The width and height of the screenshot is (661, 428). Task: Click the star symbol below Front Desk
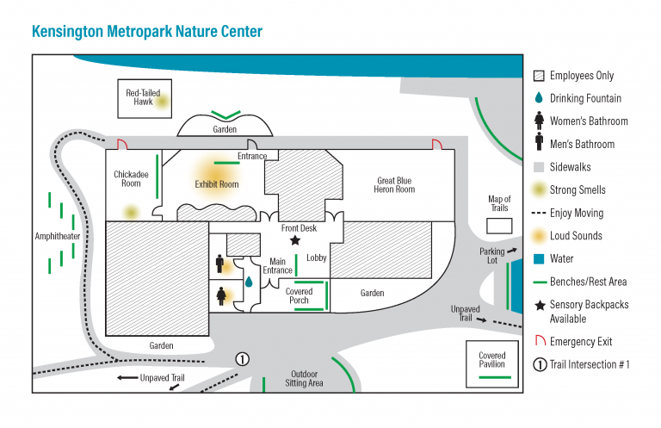[295, 240]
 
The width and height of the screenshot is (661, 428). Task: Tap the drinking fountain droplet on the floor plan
[249, 282]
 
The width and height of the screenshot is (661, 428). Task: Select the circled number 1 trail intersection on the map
[242, 359]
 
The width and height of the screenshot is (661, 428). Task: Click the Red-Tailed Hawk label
[144, 97]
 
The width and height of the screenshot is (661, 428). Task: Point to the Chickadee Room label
[131, 179]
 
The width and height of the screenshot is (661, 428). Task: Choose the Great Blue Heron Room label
[394, 185]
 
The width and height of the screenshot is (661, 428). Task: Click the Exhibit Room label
[217, 184]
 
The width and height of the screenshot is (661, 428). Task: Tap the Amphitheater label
[58, 236]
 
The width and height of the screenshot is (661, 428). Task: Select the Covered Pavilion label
[492, 360]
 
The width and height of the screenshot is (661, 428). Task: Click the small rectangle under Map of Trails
[499, 226]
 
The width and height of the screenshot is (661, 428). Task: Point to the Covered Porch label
[299, 296]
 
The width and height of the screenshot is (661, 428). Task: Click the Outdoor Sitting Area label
[304, 379]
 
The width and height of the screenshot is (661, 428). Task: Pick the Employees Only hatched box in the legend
[539, 76]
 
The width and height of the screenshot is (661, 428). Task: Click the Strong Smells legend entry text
[578, 189]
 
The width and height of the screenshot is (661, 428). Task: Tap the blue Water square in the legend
[539, 259]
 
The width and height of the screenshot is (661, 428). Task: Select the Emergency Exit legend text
[581, 342]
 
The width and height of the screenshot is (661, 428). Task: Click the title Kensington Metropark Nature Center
[147, 32]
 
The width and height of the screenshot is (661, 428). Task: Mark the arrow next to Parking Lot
[512, 251]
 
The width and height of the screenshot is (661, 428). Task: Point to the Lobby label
[317, 257]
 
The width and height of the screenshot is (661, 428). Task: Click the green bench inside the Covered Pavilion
[495, 377]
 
